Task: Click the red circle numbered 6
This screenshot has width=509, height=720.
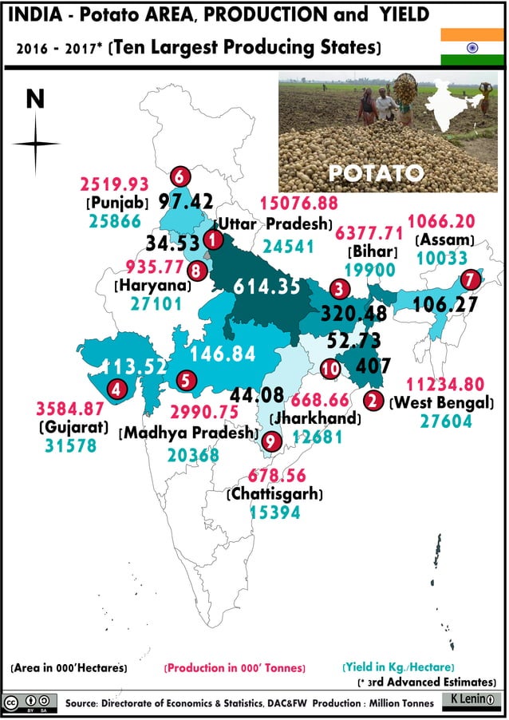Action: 181,176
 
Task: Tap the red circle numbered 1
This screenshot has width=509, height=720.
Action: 213,238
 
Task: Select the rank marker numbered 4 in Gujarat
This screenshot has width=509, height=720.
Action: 119,390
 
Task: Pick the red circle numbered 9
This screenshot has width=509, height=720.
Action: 272,440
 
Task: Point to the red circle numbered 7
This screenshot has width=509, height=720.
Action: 472,279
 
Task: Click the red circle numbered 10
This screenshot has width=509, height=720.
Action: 329,368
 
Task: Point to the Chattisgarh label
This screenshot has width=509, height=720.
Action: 274,494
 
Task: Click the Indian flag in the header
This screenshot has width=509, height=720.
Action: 472,46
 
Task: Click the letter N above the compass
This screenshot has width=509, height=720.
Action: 34,98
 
